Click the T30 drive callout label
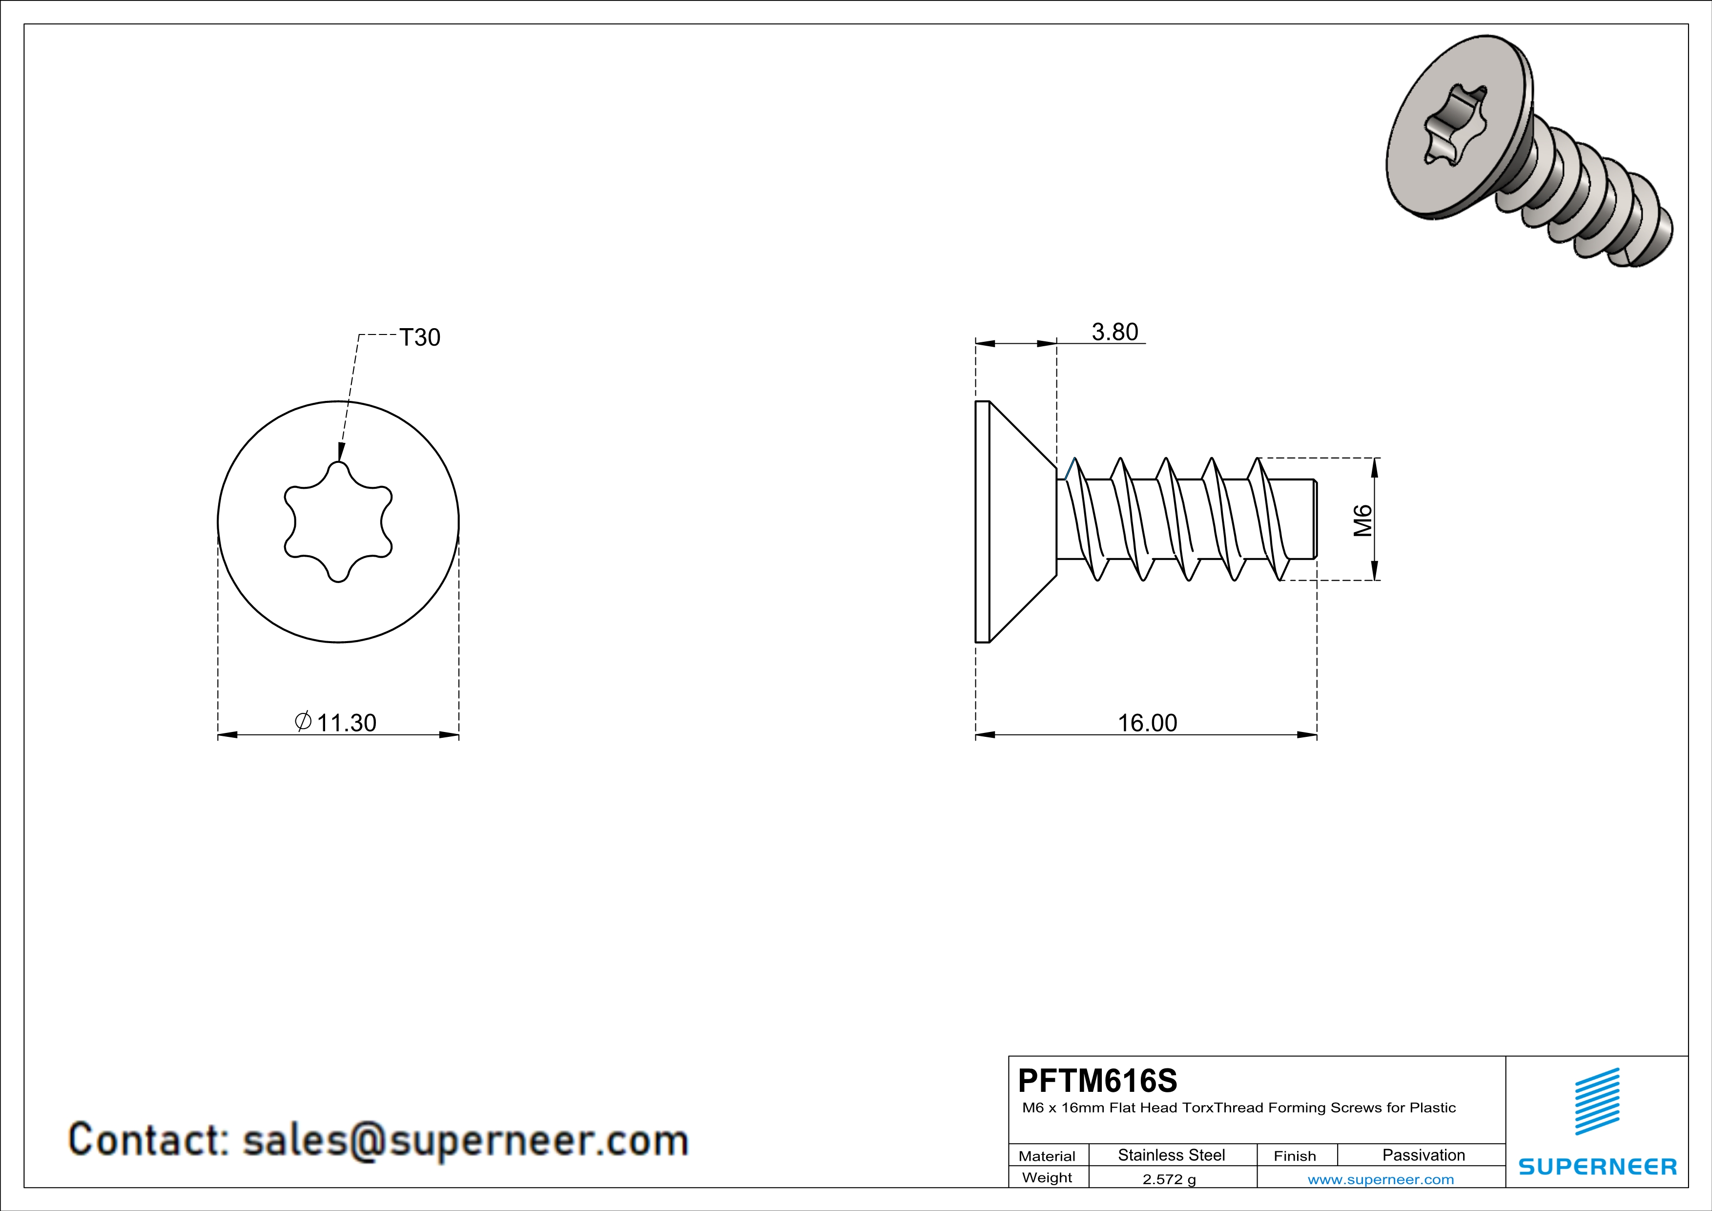(x=420, y=338)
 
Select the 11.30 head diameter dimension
(x=347, y=723)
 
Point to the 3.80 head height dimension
(x=1115, y=332)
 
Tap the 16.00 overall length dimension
(x=1148, y=723)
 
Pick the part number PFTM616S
(x=1097, y=1081)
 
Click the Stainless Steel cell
(x=1172, y=1155)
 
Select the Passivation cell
(x=1423, y=1155)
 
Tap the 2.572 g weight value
(x=1169, y=1179)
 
